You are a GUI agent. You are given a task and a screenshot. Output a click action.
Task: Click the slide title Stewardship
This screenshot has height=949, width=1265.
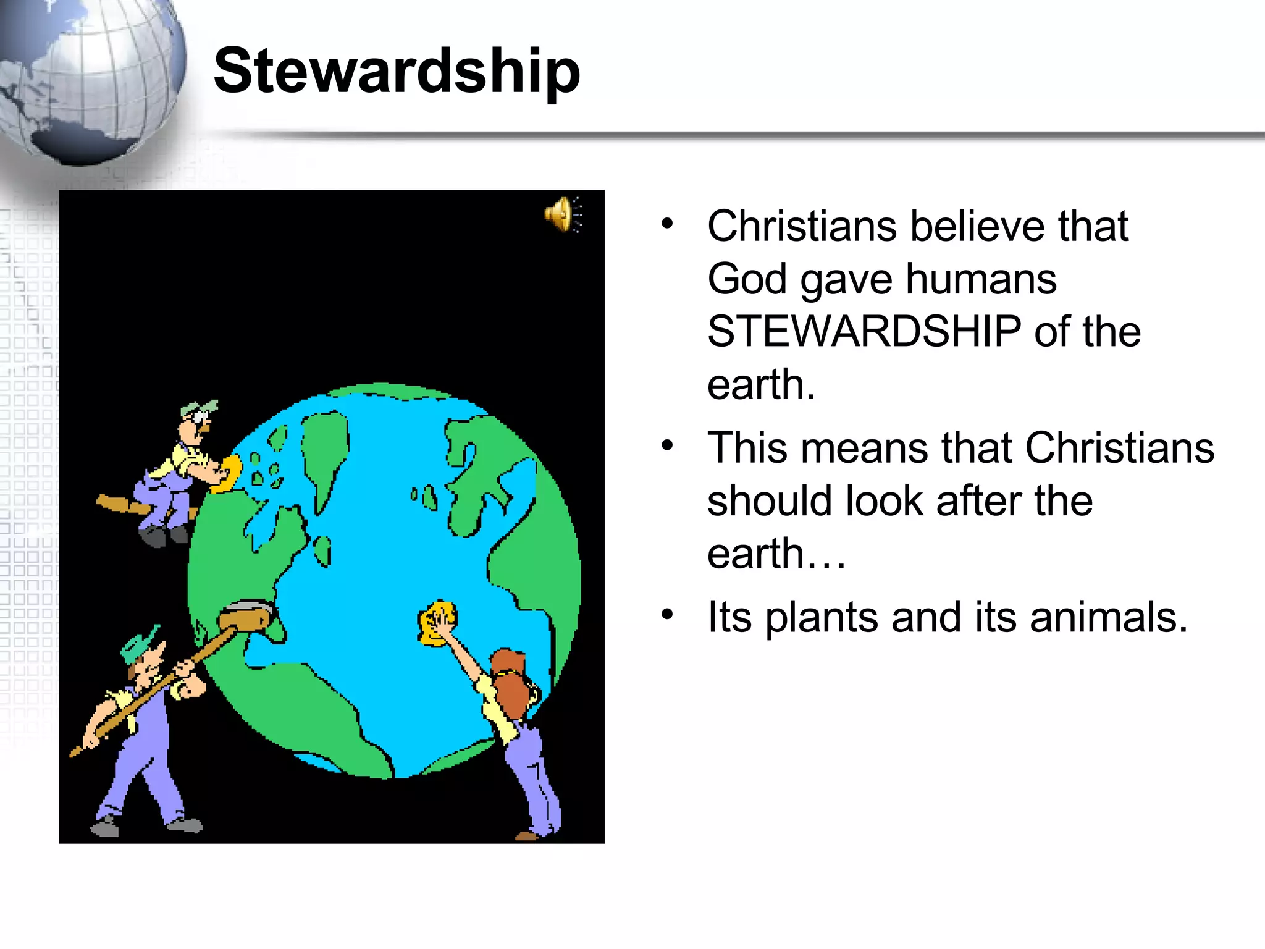pos(397,71)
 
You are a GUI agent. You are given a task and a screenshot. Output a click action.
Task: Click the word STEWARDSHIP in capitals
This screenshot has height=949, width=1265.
pos(864,332)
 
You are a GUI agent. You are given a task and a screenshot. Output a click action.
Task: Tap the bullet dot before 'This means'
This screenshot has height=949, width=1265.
pos(667,445)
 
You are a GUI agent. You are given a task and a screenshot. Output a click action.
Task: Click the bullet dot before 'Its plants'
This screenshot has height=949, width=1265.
pos(667,614)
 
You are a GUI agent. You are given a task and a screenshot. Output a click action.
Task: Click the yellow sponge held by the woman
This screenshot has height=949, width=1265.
pos(437,623)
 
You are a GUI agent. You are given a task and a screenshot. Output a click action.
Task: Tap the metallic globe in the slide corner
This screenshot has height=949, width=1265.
pos(86,77)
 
